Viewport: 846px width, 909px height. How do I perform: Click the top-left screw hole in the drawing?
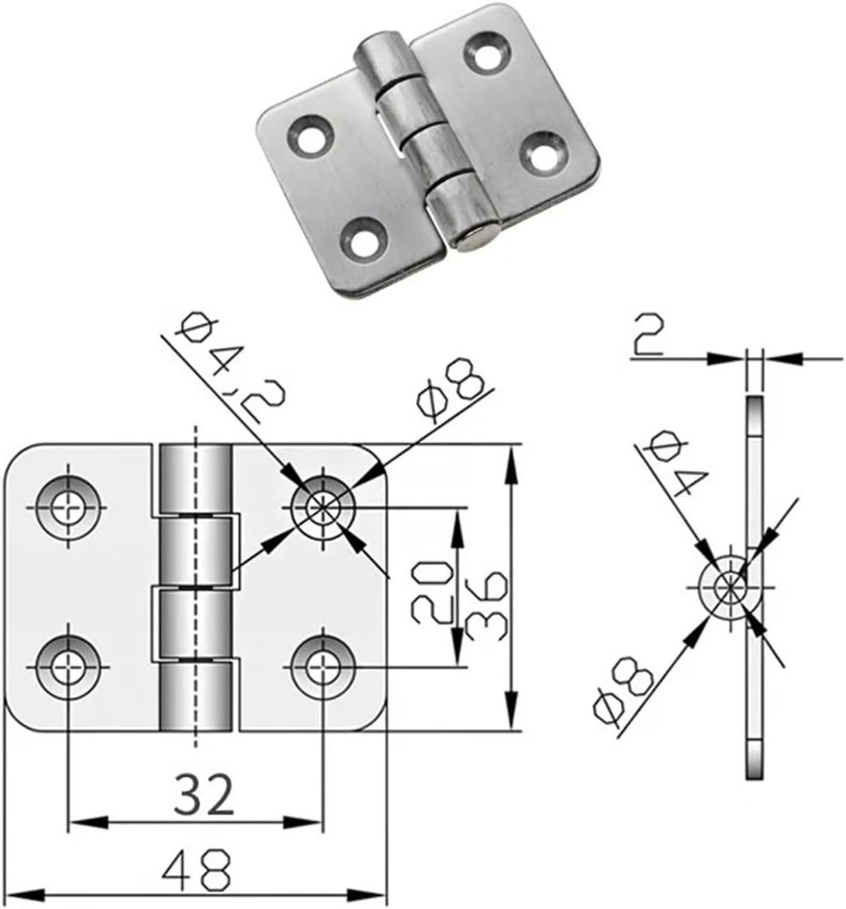(68, 507)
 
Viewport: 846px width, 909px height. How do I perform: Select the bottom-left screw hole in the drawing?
(68, 666)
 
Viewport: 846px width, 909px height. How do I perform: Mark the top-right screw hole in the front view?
(323, 507)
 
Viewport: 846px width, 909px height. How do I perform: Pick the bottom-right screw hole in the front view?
(323, 666)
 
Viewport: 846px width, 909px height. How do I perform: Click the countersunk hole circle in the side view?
(728, 586)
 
